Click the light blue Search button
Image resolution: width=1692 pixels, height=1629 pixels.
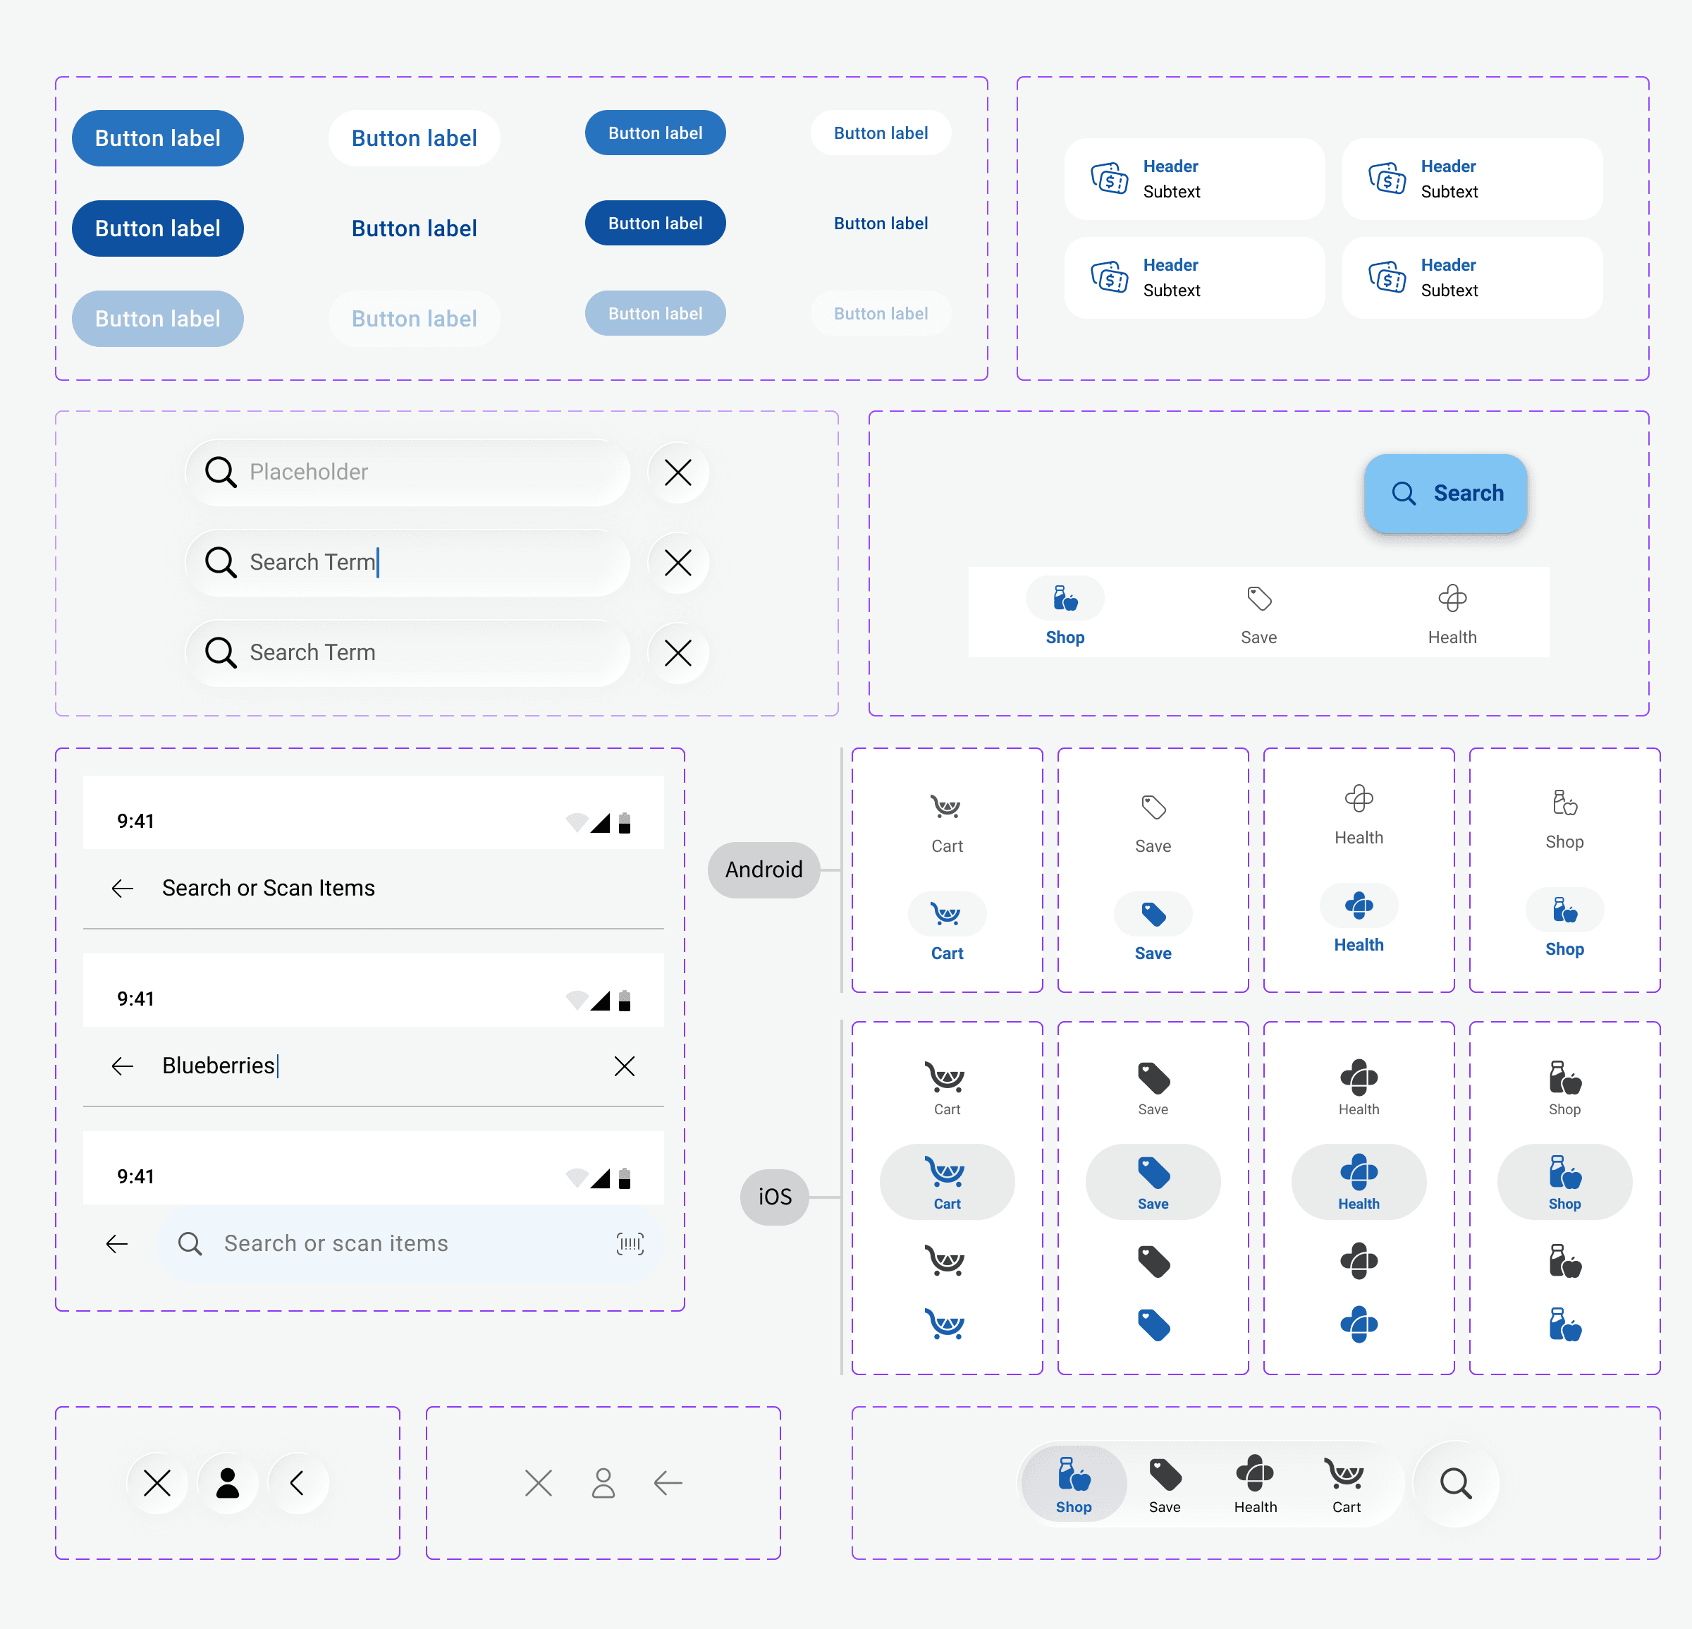point(1445,493)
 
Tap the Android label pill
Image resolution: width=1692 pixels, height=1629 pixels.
point(763,870)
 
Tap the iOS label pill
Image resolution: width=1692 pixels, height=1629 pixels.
point(774,1197)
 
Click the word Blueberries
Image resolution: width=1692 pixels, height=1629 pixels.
point(219,1066)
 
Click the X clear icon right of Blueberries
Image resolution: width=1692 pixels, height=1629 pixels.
point(624,1066)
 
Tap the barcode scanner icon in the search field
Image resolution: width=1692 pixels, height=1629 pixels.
point(630,1243)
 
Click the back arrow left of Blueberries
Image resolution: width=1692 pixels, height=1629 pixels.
point(123,1066)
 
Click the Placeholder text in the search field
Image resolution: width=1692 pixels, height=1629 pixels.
point(308,471)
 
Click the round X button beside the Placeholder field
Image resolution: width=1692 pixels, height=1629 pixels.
point(678,472)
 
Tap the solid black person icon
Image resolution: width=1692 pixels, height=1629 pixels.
point(228,1483)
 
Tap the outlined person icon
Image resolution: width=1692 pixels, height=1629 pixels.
point(603,1483)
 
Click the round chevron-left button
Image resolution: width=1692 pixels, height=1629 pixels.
point(298,1483)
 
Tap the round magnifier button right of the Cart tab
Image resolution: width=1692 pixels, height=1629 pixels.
point(1455,1483)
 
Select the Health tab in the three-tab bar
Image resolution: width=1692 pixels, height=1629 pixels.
point(1452,613)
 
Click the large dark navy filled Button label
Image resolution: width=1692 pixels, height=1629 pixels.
point(158,228)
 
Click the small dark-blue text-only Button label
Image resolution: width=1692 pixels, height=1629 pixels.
point(881,224)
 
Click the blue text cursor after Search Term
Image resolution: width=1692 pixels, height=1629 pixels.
point(378,562)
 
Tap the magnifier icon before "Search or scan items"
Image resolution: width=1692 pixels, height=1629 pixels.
point(190,1243)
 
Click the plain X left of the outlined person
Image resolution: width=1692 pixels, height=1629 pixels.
point(539,1483)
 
